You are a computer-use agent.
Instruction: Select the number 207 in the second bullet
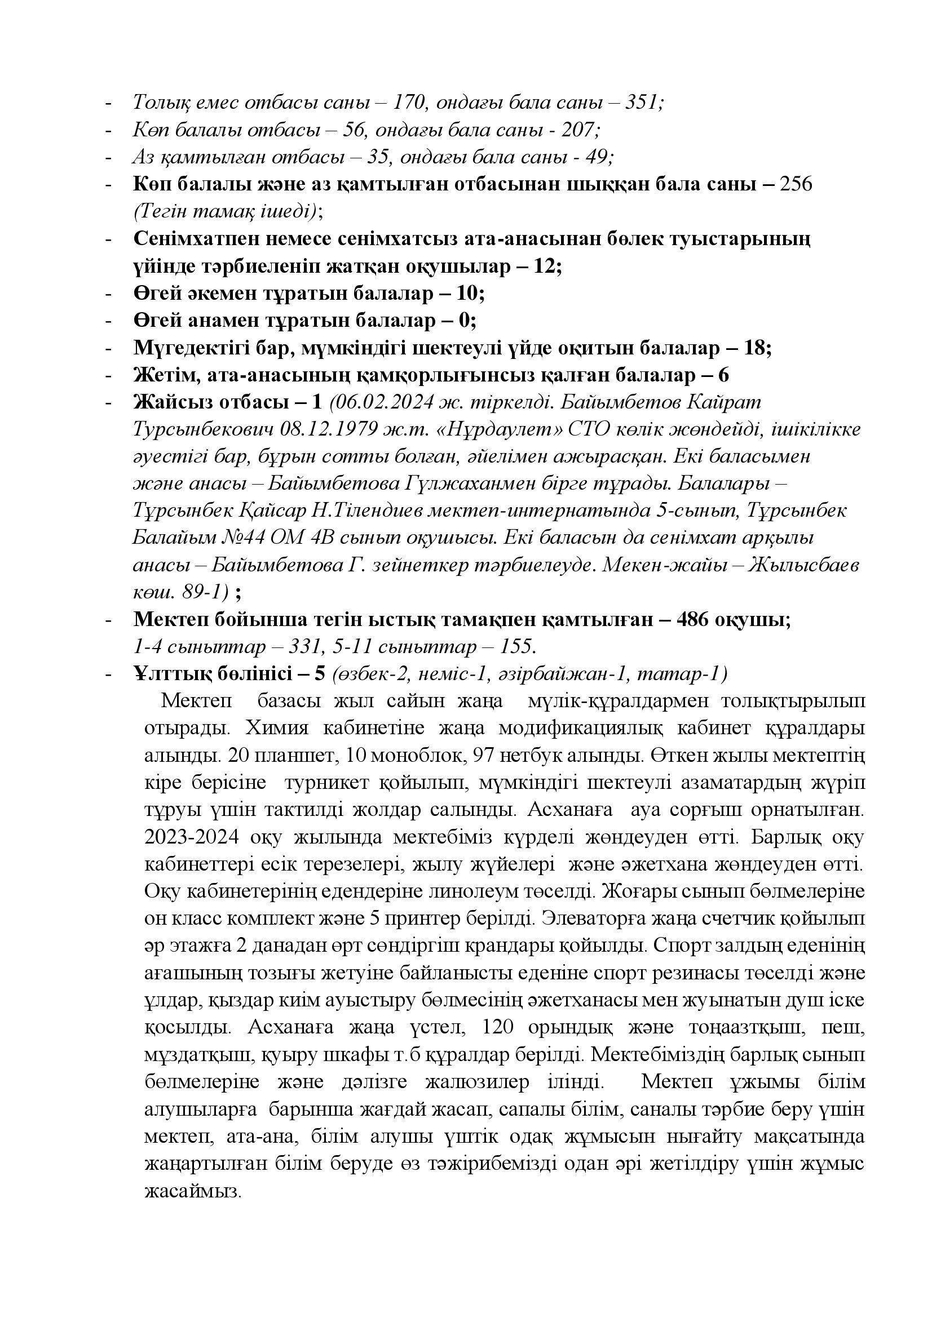tap(579, 130)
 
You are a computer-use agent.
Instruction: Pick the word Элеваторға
tap(592, 918)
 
